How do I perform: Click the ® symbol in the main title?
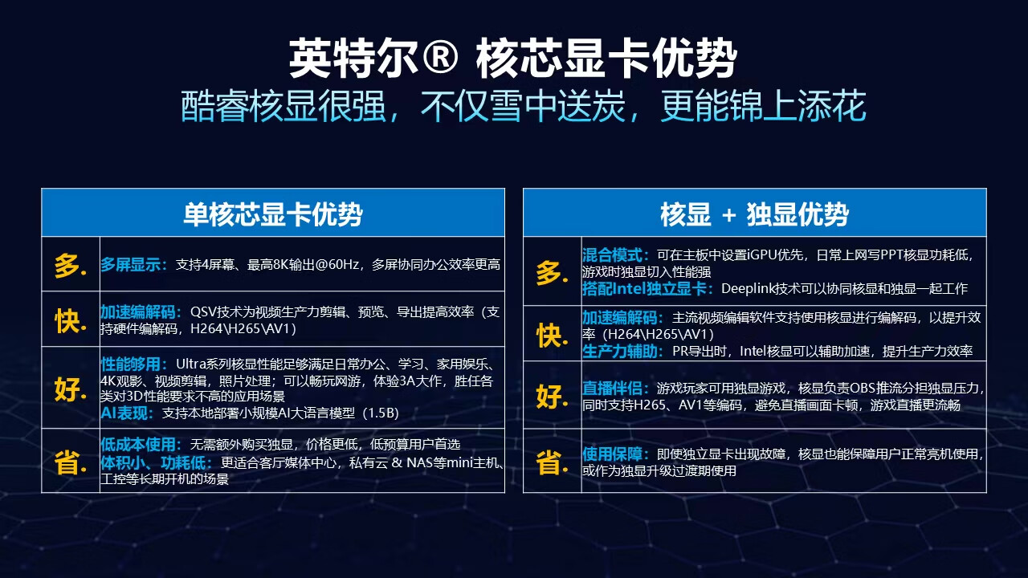point(439,58)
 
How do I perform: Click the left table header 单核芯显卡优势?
point(273,214)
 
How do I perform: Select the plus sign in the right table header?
point(728,214)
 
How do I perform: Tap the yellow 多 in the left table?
point(69,266)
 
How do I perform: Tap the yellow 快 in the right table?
point(552,336)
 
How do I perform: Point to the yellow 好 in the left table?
point(69,389)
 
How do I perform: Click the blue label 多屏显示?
point(131,265)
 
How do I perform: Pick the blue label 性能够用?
point(131,364)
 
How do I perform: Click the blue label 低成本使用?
point(138,444)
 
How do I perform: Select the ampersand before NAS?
point(397,462)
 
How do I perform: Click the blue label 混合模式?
point(612,255)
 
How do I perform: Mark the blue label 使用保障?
point(612,454)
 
